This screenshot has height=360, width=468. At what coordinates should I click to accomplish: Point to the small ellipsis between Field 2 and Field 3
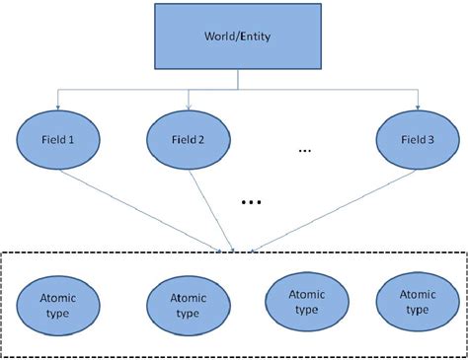[x=305, y=151]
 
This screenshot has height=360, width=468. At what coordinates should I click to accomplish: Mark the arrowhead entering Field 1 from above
[x=59, y=104]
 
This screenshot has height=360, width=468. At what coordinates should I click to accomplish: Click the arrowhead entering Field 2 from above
[x=189, y=104]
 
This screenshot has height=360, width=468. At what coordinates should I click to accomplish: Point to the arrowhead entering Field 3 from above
[x=418, y=104]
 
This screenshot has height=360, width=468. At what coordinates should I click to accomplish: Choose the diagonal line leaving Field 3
[x=326, y=207]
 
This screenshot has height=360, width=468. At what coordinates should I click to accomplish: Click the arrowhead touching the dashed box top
[x=234, y=249]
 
